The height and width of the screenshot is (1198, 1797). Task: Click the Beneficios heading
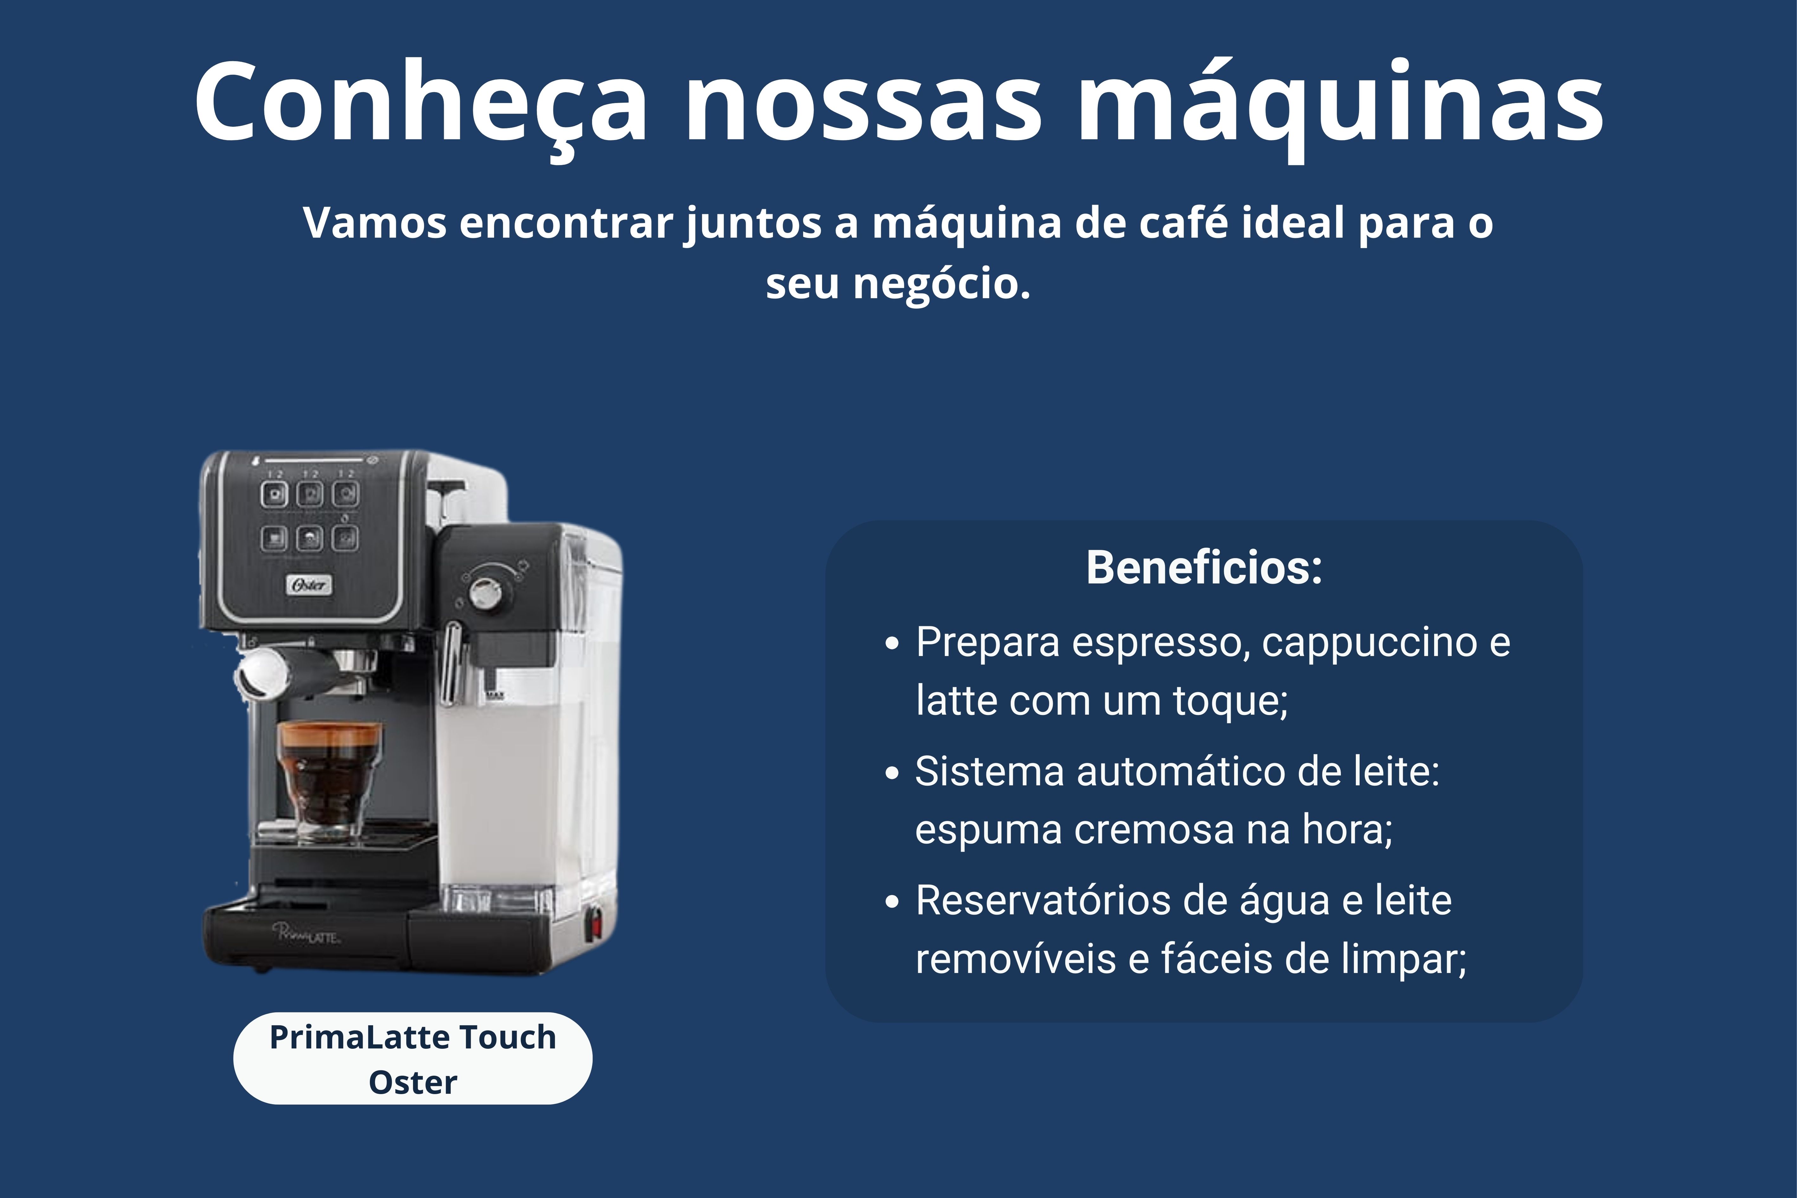(x=1204, y=568)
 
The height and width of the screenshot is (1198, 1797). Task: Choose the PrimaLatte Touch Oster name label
(x=413, y=1059)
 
